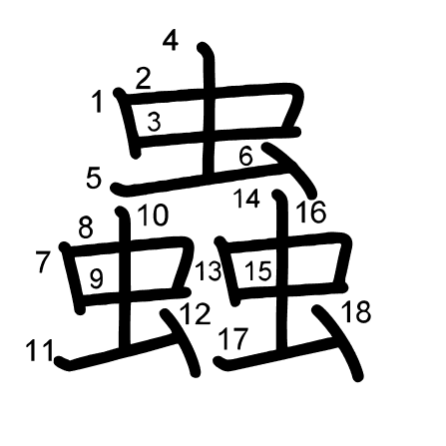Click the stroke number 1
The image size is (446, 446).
point(98,103)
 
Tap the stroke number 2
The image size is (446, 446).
point(144,79)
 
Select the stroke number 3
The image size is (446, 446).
point(154,122)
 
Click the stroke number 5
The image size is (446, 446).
point(94,178)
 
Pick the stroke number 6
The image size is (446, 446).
point(246,156)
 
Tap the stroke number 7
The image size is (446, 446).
point(44,262)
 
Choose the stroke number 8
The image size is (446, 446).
point(86,228)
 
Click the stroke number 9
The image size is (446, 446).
point(97,278)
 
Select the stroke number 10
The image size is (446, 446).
point(153,216)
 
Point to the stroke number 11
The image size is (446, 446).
point(40,350)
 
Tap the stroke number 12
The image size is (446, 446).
point(196,314)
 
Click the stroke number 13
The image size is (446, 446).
point(209,270)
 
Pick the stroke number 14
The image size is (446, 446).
point(246,199)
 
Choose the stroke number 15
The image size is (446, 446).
point(258,270)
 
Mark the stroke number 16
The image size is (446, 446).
point(311,213)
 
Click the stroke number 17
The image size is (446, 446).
point(233,339)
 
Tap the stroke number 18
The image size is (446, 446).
point(355,312)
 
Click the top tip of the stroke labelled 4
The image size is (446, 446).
point(202,47)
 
